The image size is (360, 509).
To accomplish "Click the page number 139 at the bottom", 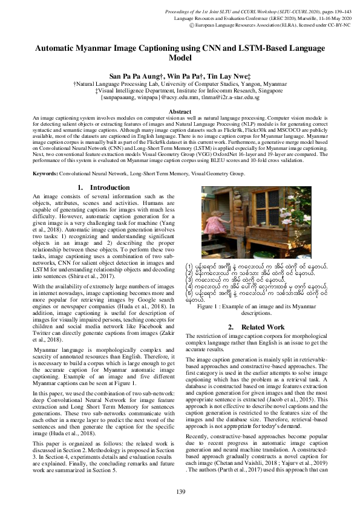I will (x=180, y=491).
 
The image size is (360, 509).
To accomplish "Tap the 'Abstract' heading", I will (x=180, y=112).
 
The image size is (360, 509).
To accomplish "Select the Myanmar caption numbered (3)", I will (x=233, y=280).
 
